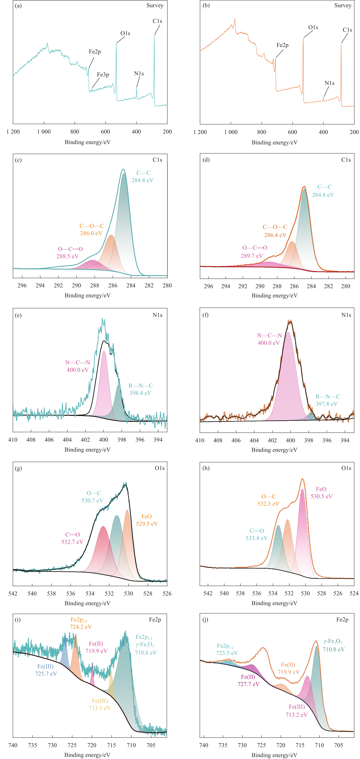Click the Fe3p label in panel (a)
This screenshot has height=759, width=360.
coord(103,75)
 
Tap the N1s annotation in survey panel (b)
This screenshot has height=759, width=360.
coord(329,83)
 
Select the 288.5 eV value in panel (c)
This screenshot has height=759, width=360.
coord(67,256)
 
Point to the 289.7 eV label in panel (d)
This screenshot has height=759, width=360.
coord(252,256)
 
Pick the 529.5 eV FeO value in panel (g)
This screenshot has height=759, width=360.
coord(147,524)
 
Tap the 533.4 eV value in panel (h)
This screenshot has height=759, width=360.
coord(257,538)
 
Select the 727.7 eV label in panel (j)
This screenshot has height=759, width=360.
coord(248,684)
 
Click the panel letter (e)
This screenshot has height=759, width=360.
coord(18,315)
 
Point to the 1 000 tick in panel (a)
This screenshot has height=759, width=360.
coord(44,132)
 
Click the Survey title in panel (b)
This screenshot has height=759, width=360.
coord(343,5)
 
